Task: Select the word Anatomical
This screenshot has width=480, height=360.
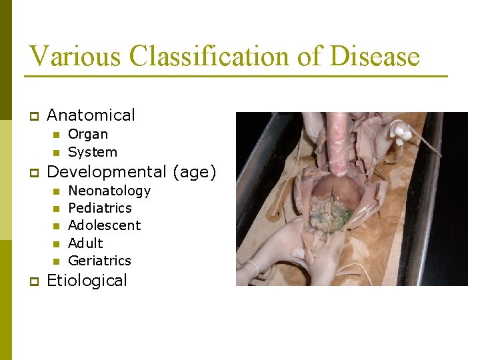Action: (91, 115)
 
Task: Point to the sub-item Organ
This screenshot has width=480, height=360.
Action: (88, 134)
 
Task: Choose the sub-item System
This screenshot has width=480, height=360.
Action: (93, 152)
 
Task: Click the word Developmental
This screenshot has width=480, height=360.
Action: (106, 172)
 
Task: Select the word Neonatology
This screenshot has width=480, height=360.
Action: (109, 191)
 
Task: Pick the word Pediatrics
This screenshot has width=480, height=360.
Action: (100, 208)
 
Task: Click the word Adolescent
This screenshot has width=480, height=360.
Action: (105, 225)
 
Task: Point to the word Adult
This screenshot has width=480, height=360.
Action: (85, 243)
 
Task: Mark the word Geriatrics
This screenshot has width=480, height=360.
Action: (99, 260)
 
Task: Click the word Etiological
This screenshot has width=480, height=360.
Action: (87, 280)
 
